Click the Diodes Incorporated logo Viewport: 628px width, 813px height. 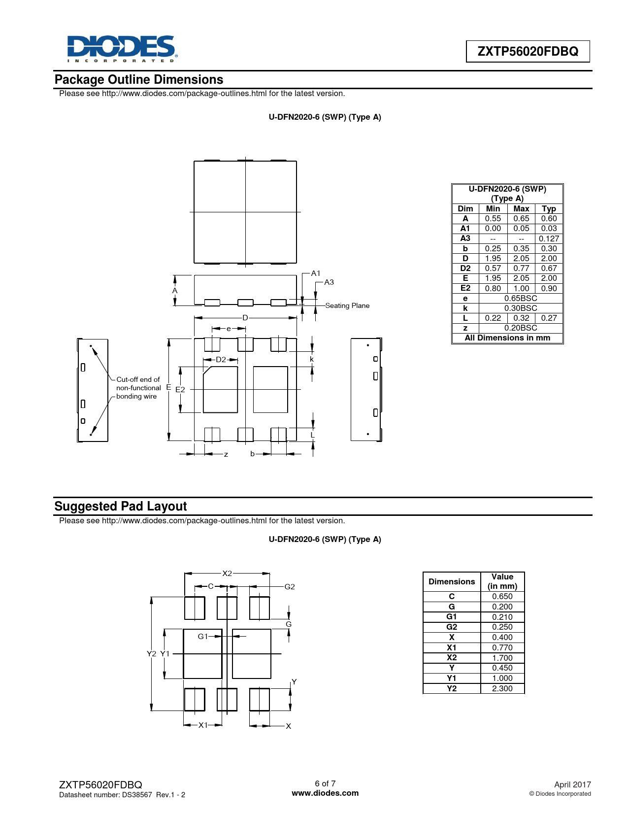(x=122, y=49)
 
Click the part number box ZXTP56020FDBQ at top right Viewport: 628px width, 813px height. (x=528, y=51)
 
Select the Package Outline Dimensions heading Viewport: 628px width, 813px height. (x=139, y=79)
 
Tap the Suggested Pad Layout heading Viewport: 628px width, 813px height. (x=121, y=506)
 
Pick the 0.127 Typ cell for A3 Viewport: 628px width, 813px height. (x=549, y=238)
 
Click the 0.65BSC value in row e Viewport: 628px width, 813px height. (x=521, y=298)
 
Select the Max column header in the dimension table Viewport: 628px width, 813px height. (x=521, y=208)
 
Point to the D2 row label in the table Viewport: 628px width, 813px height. (x=465, y=268)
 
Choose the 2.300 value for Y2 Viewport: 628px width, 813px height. (x=502, y=688)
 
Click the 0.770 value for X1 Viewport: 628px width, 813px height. (x=502, y=647)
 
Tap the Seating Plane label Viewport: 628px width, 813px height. (x=347, y=305)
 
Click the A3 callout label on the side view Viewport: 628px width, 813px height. (x=329, y=282)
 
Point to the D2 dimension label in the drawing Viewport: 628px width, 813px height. (x=221, y=360)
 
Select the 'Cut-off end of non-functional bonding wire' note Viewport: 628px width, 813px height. (x=138, y=388)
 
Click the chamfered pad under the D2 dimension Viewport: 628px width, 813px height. (x=220, y=389)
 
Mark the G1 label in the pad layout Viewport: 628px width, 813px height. (x=202, y=636)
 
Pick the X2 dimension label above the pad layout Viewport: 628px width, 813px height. (x=227, y=573)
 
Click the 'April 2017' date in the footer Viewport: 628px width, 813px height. (x=572, y=784)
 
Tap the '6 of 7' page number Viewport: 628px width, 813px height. (x=325, y=783)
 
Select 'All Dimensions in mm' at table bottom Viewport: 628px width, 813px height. (x=507, y=338)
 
